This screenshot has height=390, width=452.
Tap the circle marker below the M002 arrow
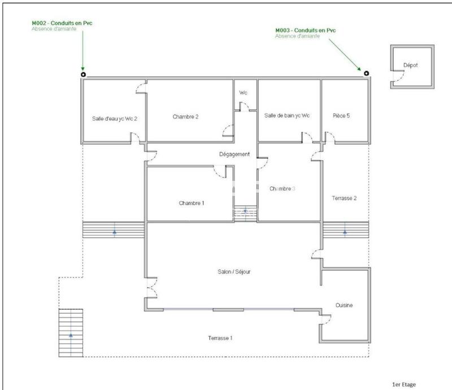(x=83, y=73)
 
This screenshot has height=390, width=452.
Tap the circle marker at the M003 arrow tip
(x=366, y=73)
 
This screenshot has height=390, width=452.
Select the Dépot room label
(x=410, y=66)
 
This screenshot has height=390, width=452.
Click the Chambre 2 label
(x=185, y=117)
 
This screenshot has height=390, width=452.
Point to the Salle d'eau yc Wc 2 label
(x=115, y=119)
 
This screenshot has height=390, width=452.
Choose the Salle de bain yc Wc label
(x=287, y=115)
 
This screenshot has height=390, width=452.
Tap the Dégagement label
(x=234, y=154)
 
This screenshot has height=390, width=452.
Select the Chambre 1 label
(x=192, y=203)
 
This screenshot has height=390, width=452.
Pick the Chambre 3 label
(x=282, y=188)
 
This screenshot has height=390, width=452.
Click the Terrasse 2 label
(x=344, y=198)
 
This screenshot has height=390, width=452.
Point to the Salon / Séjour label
(x=233, y=271)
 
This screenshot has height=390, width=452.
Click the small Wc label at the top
(x=243, y=92)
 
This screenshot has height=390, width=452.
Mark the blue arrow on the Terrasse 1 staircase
(x=71, y=335)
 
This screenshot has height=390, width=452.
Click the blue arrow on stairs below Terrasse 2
(x=345, y=231)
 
